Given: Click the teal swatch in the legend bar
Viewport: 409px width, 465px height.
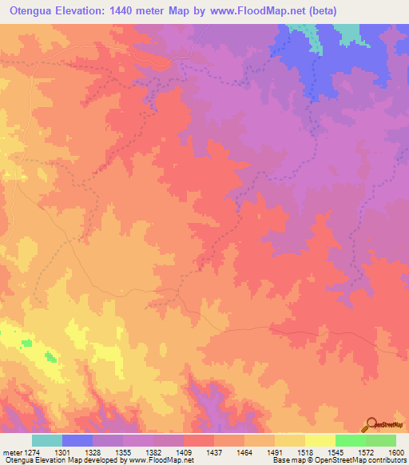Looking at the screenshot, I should (47, 440).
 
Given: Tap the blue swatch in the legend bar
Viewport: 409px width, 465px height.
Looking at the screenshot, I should (77, 440).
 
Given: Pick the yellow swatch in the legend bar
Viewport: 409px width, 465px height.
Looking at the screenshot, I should (320, 440).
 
